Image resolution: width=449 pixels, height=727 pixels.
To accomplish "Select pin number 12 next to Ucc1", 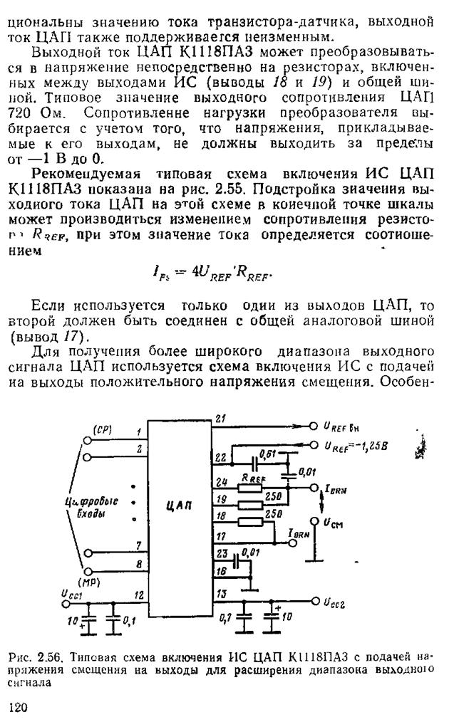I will (x=140, y=595).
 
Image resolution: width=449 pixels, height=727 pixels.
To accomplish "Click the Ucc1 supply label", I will (x=71, y=592).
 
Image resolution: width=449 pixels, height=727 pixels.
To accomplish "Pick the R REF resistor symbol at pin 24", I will (x=252, y=488).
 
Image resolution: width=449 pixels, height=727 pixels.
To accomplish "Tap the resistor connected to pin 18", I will (x=252, y=521).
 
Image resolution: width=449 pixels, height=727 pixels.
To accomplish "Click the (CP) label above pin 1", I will (x=102, y=430).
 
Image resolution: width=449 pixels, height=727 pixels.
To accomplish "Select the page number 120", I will (x=19, y=706).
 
